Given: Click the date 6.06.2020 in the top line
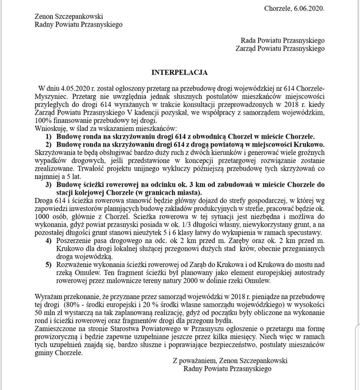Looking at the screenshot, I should pos(310,8).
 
